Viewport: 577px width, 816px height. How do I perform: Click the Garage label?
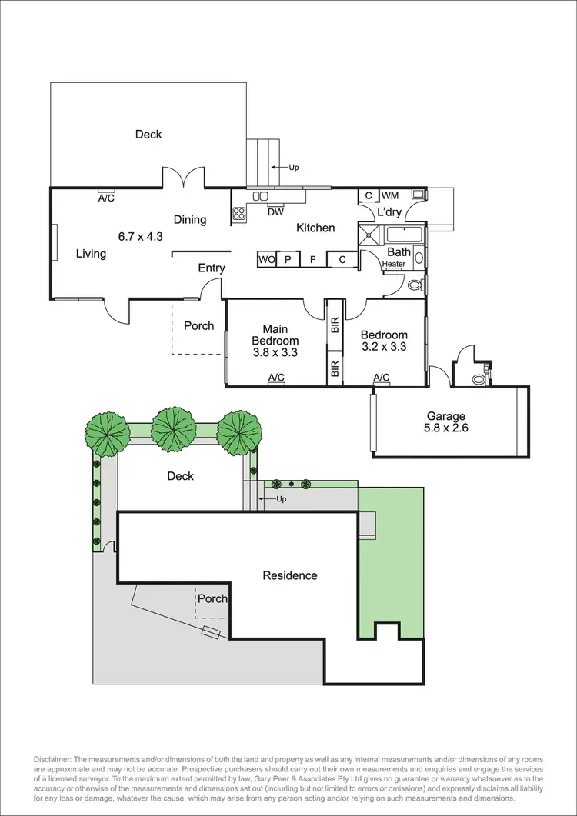[446, 416]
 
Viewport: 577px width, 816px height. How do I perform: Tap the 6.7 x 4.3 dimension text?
[141, 237]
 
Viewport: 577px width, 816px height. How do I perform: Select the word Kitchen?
[315, 228]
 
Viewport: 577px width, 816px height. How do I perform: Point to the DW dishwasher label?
[275, 212]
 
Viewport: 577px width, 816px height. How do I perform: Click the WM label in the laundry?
[390, 196]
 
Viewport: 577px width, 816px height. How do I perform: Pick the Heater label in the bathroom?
[394, 265]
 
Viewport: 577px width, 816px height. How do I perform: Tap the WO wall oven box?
[267, 260]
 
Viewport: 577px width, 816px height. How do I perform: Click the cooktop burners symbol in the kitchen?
[238, 214]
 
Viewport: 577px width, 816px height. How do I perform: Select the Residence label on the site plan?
[290, 575]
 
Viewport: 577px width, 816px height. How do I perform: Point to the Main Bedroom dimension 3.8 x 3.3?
[275, 352]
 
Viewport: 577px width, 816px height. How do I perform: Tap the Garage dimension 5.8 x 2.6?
[446, 428]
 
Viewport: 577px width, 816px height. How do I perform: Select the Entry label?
[212, 268]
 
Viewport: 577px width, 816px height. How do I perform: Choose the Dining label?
[189, 220]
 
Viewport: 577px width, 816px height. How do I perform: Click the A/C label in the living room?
[106, 198]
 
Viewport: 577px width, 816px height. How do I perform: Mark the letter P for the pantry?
[288, 260]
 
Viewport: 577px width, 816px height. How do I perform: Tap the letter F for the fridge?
[312, 260]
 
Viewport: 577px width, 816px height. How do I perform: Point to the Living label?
[91, 254]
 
